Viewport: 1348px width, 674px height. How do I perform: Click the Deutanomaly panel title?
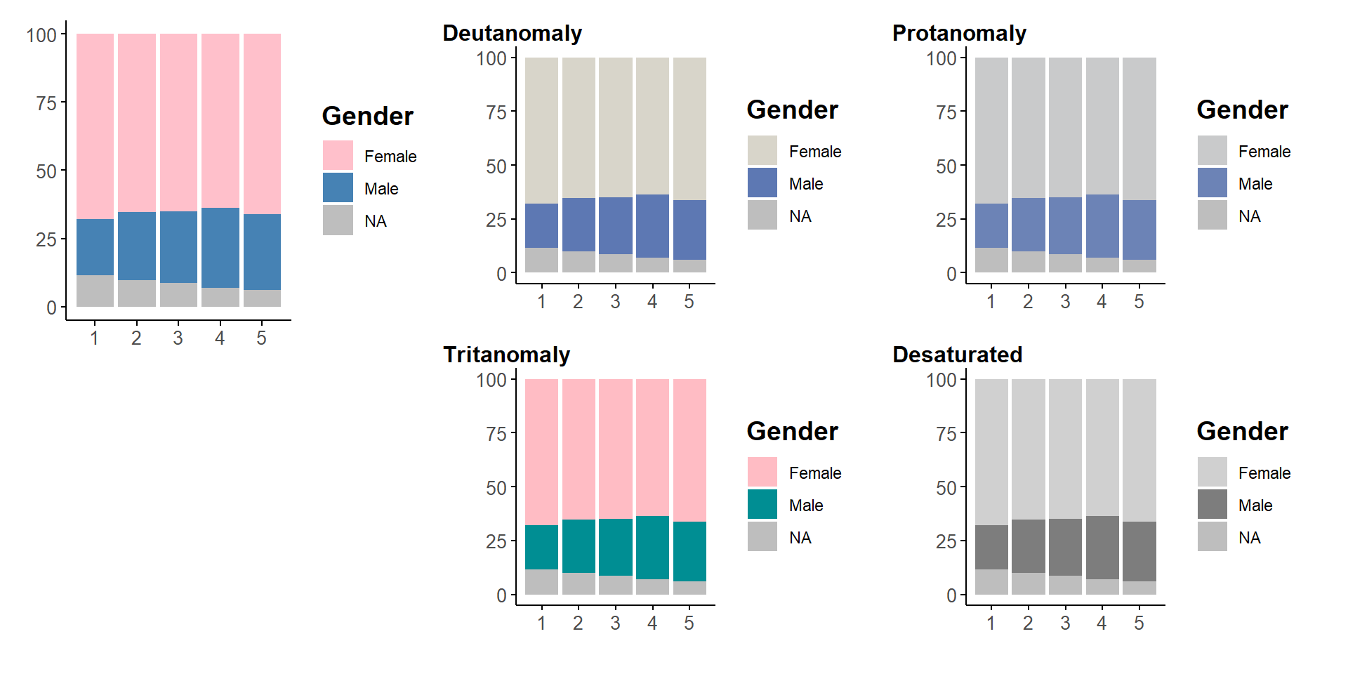coord(512,33)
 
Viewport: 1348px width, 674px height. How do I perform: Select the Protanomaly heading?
coord(959,33)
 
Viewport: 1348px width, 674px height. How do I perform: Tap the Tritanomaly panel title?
coord(506,355)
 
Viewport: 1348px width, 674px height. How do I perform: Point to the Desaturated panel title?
coord(957,355)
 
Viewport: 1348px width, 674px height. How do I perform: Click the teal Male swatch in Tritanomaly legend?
coord(762,504)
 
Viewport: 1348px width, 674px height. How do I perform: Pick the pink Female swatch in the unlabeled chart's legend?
coord(338,155)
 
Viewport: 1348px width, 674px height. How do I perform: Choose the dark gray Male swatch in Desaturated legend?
coord(1212,504)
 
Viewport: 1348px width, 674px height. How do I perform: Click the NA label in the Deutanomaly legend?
coord(800,216)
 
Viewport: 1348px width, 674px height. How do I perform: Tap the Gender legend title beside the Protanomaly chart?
coord(1242,110)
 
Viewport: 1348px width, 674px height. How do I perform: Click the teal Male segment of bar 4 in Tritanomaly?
coord(652,547)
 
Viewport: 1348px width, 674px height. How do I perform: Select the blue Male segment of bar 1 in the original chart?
coord(95,246)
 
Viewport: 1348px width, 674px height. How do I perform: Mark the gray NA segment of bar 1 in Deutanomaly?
coord(541,260)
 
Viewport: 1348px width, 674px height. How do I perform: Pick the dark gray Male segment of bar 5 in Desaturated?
coord(1139,551)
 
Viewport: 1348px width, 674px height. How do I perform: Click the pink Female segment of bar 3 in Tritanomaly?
coord(615,448)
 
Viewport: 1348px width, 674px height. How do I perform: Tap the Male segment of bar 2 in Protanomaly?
coord(1028,224)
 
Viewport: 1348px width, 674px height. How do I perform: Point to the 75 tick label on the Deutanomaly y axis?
coord(496,112)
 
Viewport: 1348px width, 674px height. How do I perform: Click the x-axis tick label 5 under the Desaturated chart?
coord(1139,623)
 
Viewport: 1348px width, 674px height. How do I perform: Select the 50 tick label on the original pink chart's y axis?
coord(46,171)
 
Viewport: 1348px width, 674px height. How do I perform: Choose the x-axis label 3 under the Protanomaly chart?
coord(1065,302)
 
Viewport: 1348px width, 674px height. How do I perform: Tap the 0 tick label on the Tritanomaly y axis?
coord(501,595)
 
